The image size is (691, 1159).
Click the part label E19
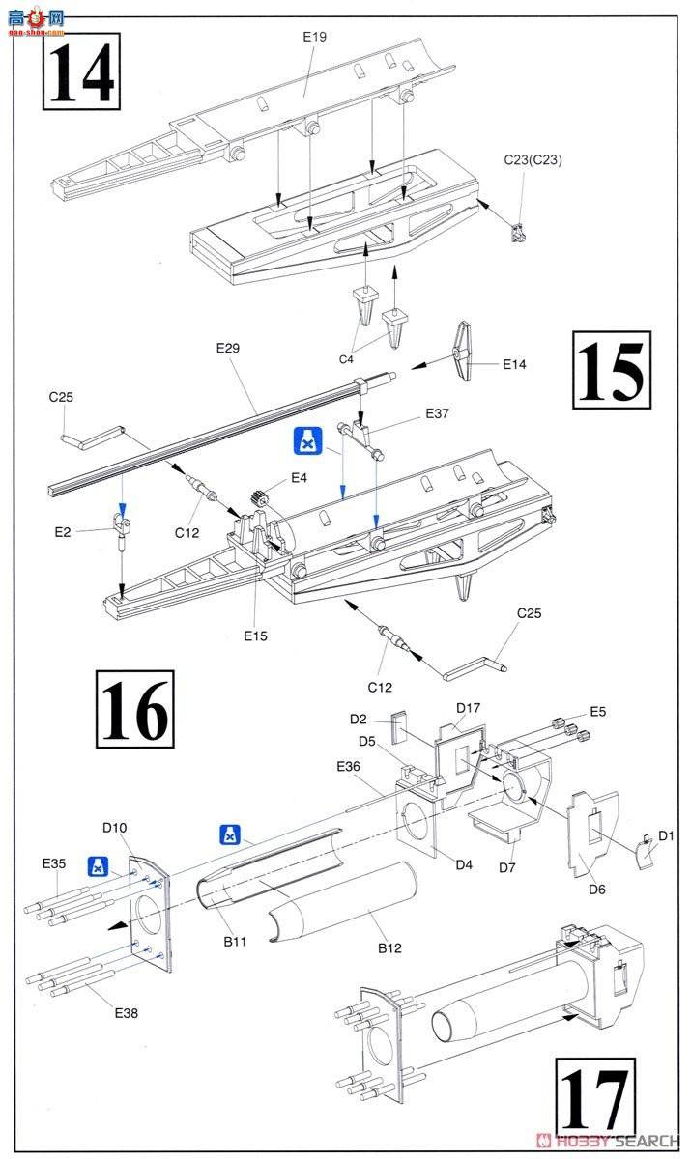tap(315, 37)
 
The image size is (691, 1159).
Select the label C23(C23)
tap(532, 160)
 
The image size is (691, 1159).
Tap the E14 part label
tap(515, 365)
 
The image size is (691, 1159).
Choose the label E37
tap(438, 413)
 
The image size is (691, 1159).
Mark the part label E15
tap(256, 636)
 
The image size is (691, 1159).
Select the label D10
tap(115, 827)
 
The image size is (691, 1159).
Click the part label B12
tap(389, 948)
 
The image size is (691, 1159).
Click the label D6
tap(596, 889)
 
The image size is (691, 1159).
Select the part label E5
tap(598, 711)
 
